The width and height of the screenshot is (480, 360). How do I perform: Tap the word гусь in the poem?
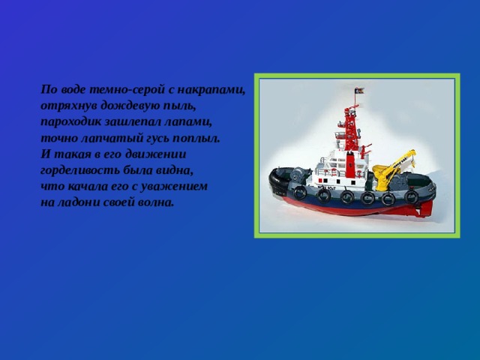[157, 138]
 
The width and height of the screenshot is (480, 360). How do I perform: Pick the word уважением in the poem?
[173, 186]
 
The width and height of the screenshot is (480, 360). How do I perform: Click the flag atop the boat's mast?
[359, 91]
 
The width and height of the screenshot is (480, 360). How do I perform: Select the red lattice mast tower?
[351, 128]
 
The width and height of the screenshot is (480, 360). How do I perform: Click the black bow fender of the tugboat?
[277, 181]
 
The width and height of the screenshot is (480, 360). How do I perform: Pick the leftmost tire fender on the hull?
[300, 193]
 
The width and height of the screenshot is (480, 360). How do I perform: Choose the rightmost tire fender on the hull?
[411, 197]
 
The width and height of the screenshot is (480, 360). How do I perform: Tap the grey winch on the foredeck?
[297, 175]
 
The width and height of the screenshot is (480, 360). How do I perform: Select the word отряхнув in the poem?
[69, 106]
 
